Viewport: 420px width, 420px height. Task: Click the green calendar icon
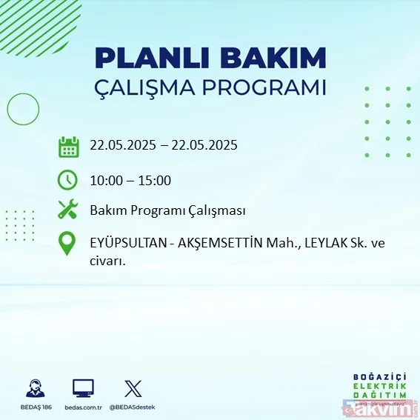(68, 146)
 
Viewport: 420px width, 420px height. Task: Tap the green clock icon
(68, 180)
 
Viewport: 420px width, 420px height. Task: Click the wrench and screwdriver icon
(68, 210)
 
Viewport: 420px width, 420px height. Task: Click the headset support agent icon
(34, 388)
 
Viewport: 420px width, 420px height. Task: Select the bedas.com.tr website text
(83, 407)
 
